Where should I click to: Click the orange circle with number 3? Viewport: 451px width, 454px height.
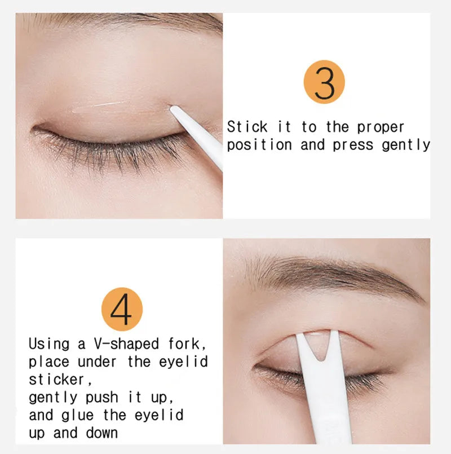pos(324,83)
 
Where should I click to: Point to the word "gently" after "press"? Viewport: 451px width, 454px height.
pos(406,145)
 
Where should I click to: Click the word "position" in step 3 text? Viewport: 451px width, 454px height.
pos(259,145)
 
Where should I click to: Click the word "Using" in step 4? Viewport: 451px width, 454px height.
pos(49,343)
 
